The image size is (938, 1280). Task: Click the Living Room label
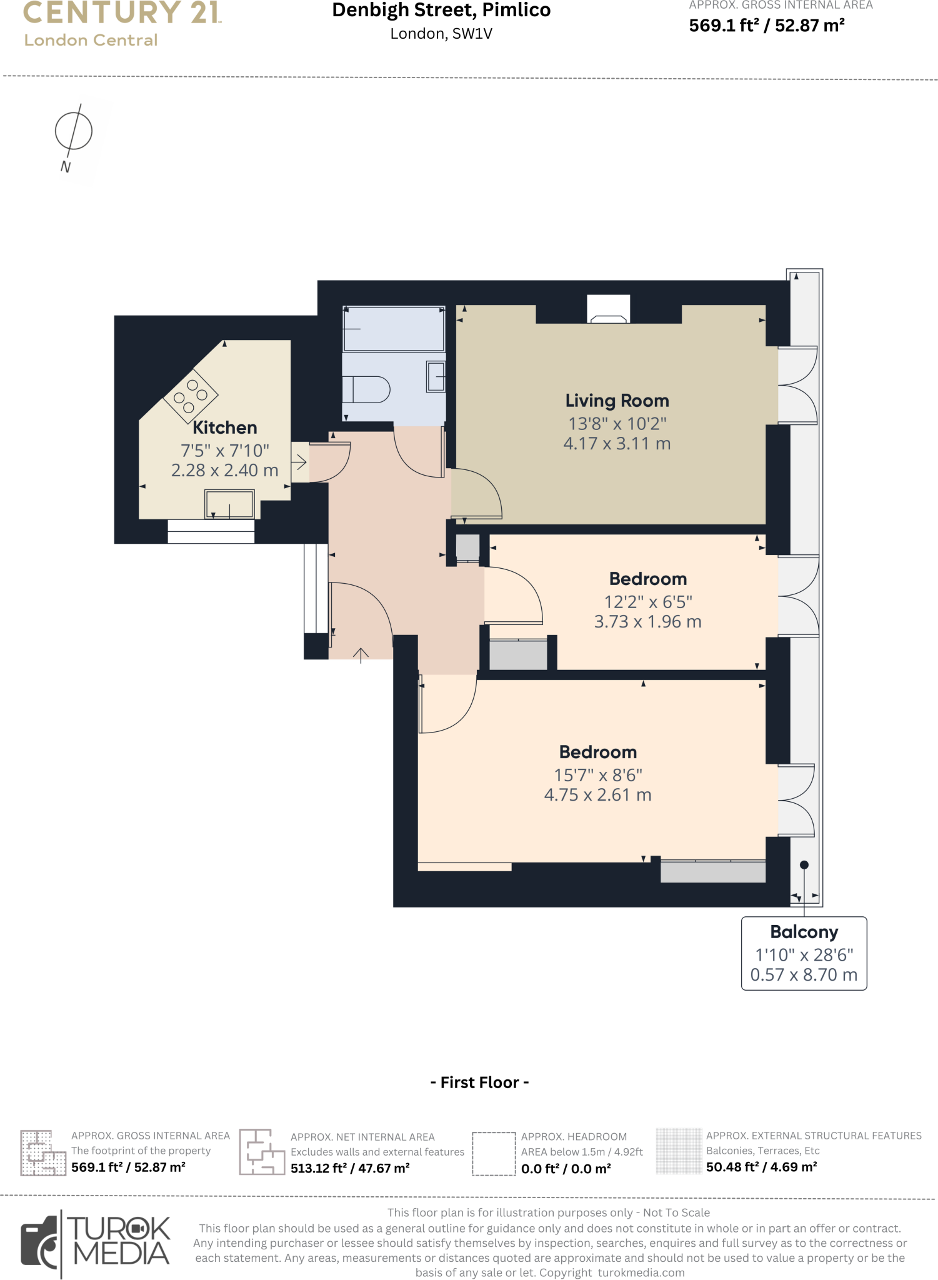(x=617, y=401)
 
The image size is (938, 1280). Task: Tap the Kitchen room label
(x=224, y=427)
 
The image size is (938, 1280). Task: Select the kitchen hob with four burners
(x=190, y=395)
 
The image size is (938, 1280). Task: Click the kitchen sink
(x=229, y=504)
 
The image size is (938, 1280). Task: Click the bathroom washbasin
(x=436, y=377)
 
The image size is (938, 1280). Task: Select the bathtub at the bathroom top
(x=393, y=329)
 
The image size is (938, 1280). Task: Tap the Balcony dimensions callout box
(x=804, y=953)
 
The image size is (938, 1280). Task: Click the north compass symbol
(x=73, y=131)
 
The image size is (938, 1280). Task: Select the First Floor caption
(x=479, y=1082)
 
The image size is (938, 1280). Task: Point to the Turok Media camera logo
(x=41, y=1244)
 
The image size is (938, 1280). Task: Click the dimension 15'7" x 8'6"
(x=598, y=775)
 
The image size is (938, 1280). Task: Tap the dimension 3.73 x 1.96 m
(x=647, y=622)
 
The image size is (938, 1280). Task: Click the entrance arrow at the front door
(x=361, y=654)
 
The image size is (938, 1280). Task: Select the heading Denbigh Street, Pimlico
(x=441, y=11)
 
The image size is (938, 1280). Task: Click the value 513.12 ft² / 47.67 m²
(x=350, y=1168)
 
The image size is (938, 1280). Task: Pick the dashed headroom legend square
(x=493, y=1154)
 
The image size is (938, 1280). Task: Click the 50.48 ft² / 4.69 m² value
(x=761, y=1167)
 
